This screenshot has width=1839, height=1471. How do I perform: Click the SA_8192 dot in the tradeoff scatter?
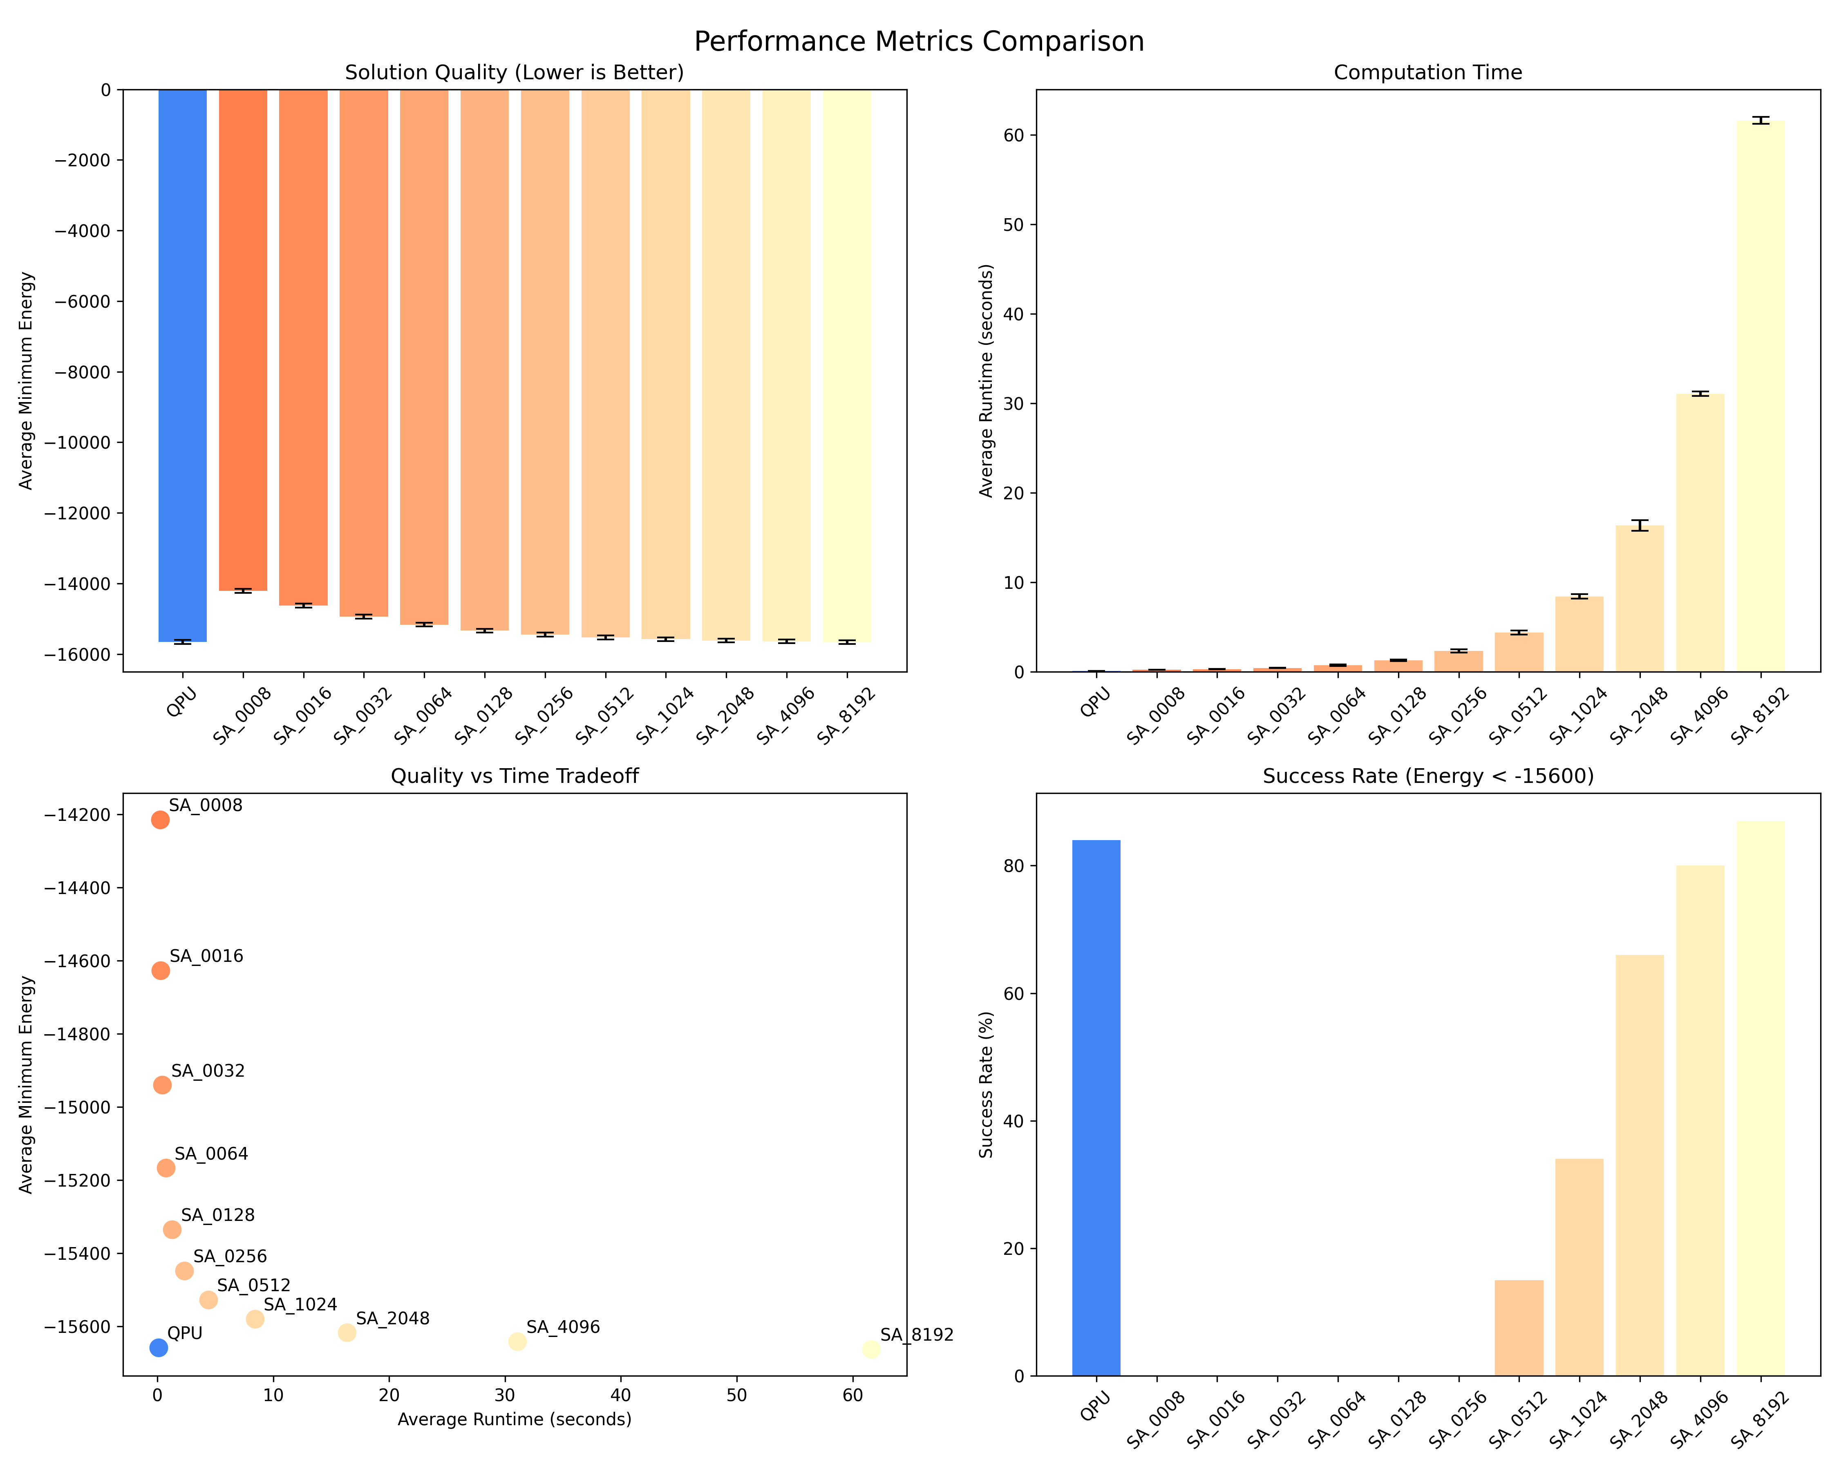[871, 1349]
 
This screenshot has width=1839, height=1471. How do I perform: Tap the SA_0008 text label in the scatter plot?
[206, 806]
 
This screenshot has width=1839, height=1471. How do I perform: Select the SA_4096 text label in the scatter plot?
[563, 1327]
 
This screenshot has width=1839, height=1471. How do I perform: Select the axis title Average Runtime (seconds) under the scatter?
[515, 1419]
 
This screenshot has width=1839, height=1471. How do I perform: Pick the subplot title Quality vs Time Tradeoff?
[515, 776]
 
